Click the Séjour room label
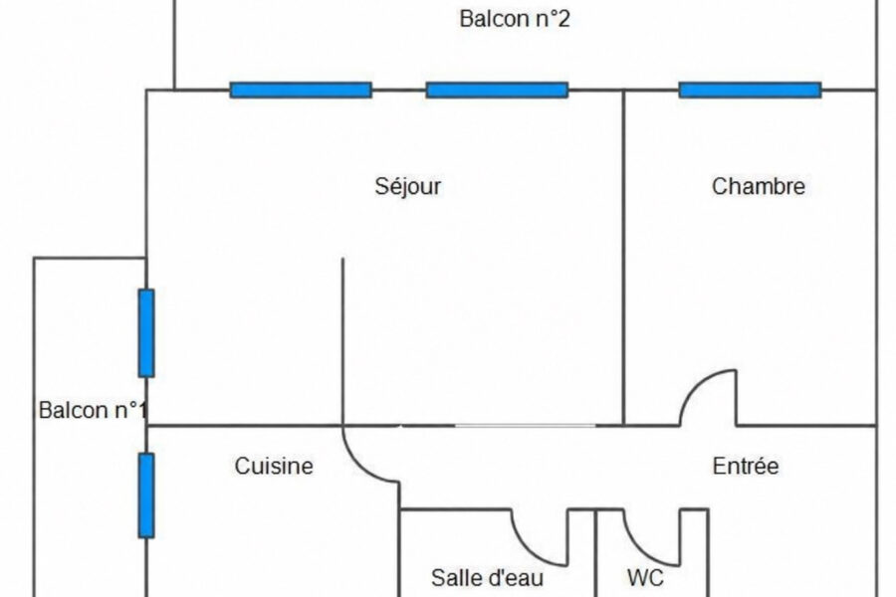[x=408, y=187]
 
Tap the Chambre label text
[x=759, y=186]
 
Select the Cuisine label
[x=274, y=467]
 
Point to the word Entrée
[x=745, y=467]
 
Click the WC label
[x=645, y=577]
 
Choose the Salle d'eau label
[x=487, y=577]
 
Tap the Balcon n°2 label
[x=515, y=19]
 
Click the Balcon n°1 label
[x=93, y=410]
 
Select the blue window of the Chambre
[x=750, y=91]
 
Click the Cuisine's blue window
[x=146, y=496]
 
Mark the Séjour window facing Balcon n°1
[x=146, y=333]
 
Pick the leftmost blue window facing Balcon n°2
[x=301, y=91]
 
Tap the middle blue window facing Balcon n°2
[x=497, y=91]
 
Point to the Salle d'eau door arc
[x=528, y=549]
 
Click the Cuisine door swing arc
[x=358, y=467]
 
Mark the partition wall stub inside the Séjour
[x=342, y=341]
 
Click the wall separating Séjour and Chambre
[x=623, y=258]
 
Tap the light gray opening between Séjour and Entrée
[x=525, y=426]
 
